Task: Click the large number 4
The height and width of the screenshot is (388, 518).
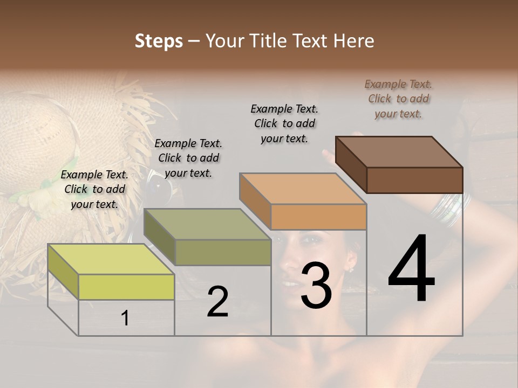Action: pyautogui.click(x=411, y=269)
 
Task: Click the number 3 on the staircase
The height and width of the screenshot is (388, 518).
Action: pyautogui.click(x=316, y=286)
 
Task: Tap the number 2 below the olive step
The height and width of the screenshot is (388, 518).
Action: pyautogui.click(x=217, y=302)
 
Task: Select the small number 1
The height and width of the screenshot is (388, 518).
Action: pyautogui.click(x=125, y=318)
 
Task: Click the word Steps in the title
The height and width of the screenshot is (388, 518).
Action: pyautogui.click(x=159, y=41)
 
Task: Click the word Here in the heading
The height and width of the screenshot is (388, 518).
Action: pyautogui.click(x=354, y=41)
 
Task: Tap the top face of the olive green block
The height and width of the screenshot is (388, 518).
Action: pyautogui.click(x=207, y=224)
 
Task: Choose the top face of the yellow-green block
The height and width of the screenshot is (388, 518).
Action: pyautogui.click(x=111, y=259)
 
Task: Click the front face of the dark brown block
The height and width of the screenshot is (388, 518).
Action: pyautogui.click(x=414, y=180)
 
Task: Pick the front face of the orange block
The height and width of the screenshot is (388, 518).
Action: pyautogui.click(x=318, y=217)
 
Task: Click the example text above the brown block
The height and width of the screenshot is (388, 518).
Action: pyautogui.click(x=399, y=99)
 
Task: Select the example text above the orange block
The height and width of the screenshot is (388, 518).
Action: pyautogui.click(x=284, y=123)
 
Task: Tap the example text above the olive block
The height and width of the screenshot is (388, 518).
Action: pyautogui.click(x=188, y=158)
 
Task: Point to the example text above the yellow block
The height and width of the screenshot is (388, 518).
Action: pyautogui.click(x=94, y=189)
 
